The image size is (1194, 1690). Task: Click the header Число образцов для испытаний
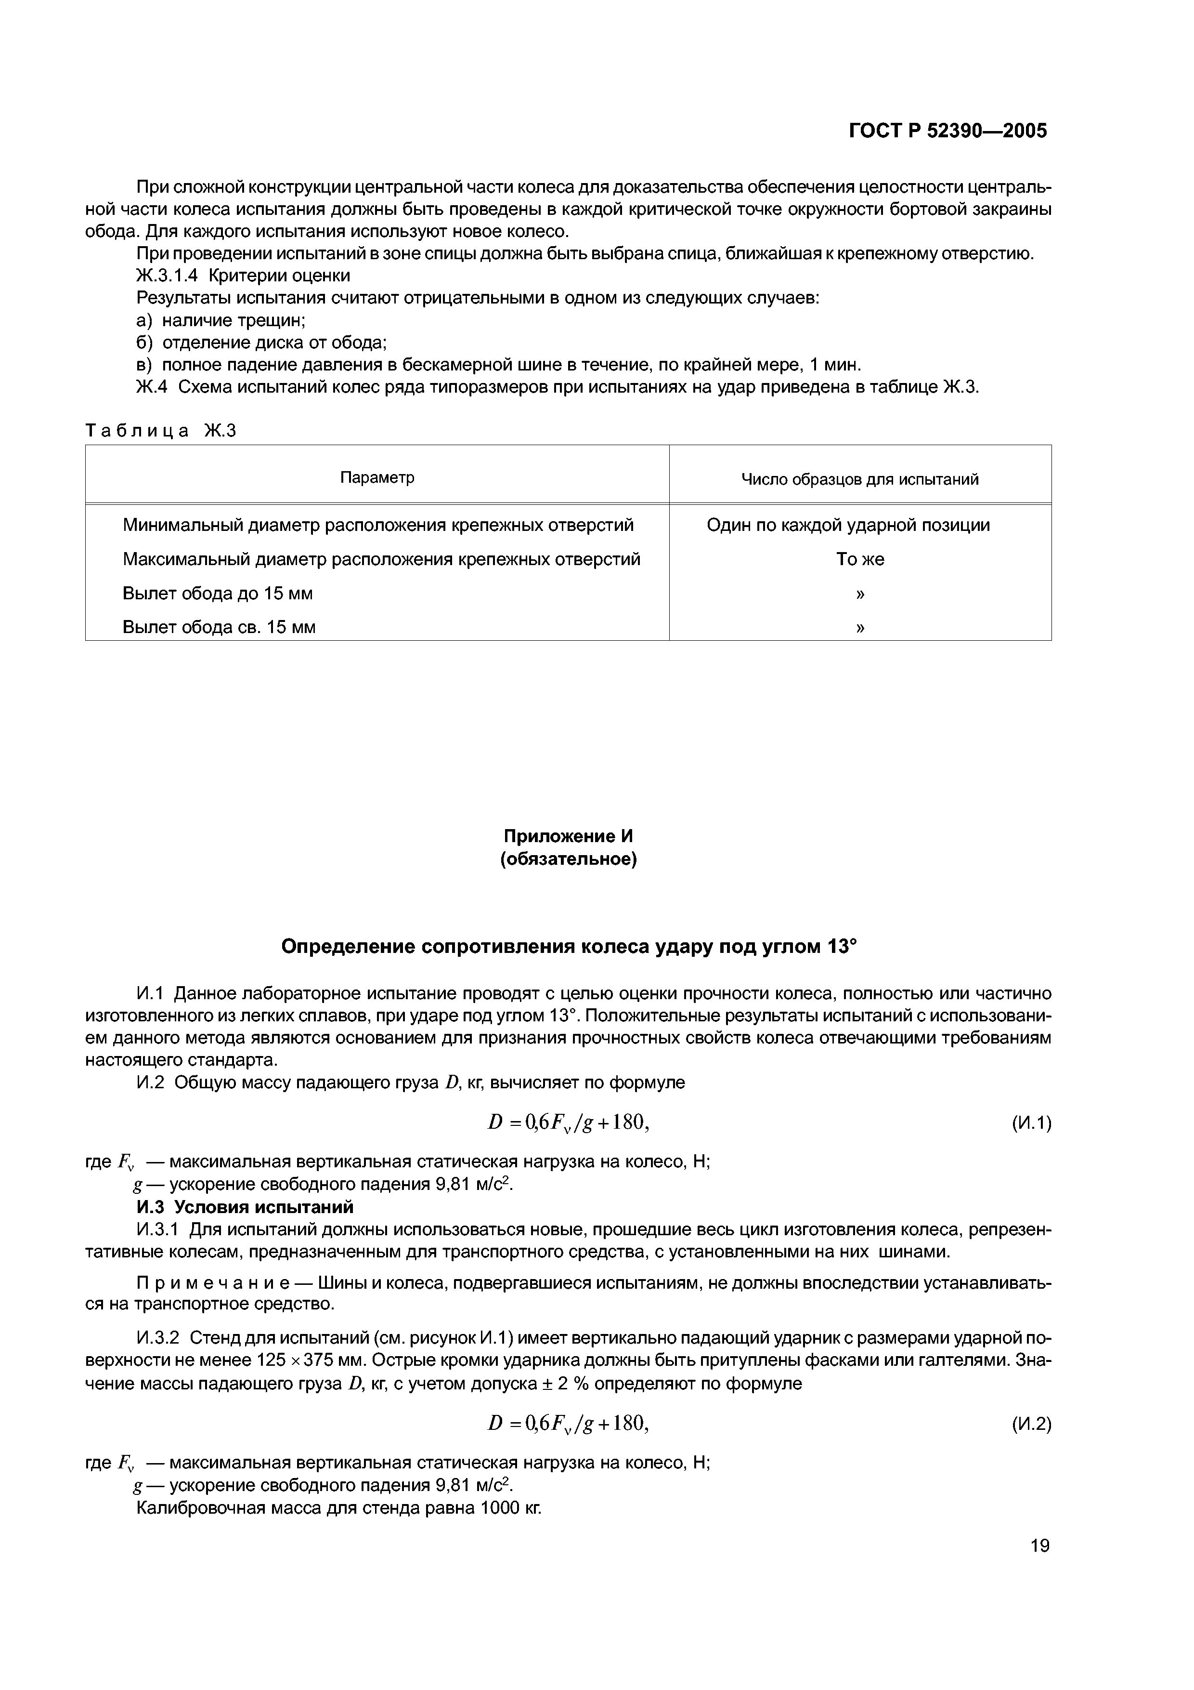click(859, 480)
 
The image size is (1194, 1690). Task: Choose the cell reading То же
click(859, 559)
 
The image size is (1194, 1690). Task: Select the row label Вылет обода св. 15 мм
click(219, 627)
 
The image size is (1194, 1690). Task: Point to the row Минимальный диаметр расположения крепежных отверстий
click(377, 525)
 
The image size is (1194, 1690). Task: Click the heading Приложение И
click(568, 836)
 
